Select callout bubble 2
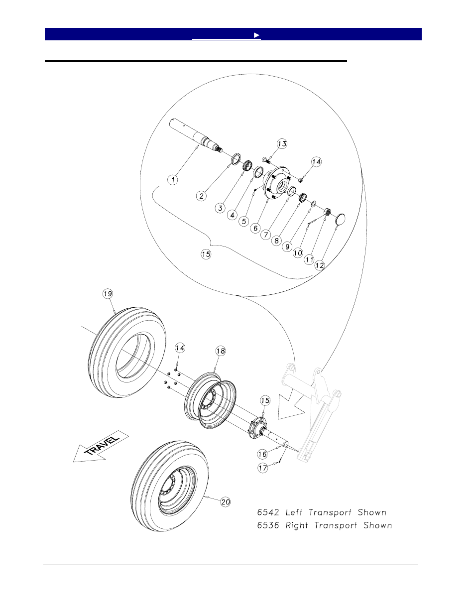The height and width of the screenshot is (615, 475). (x=202, y=196)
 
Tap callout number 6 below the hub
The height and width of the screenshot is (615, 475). (x=255, y=228)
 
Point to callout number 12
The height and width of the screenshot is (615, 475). (x=319, y=265)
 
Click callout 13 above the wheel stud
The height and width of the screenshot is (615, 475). (x=282, y=144)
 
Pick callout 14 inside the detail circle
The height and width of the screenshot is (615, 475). (x=316, y=162)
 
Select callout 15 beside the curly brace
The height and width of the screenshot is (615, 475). (x=206, y=254)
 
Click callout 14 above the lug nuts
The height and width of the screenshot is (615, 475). (x=180, y=348)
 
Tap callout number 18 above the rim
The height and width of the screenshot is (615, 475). (x=220, y=351)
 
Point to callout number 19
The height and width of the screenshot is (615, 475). (x=108, y=294)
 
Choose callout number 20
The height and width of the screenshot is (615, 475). (x=225, y=502)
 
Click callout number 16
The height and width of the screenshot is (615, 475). (x=262, y=454)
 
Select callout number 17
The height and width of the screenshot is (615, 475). (x=262, y=468)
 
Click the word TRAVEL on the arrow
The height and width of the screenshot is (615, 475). (x=103, y=445)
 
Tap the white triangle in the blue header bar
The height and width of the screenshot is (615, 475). (x=256, y=35)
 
